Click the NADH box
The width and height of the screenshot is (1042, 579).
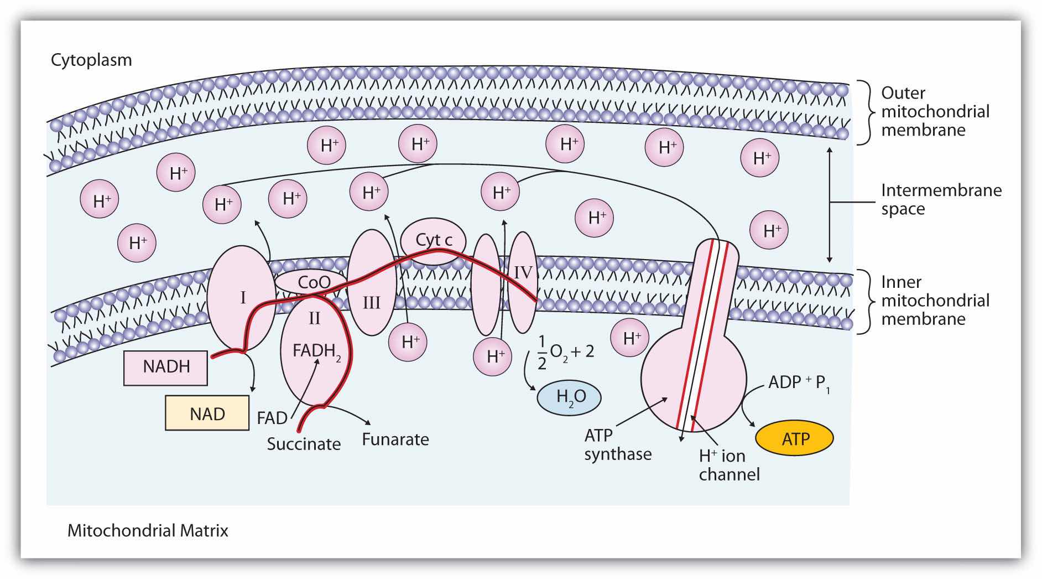pos(166,366)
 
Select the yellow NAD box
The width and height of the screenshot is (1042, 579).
pos(207,413)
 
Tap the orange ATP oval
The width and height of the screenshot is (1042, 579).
pos(795,439)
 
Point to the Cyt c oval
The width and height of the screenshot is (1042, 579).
pos(434,240)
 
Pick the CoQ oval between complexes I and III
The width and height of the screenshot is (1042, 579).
pos(314,282)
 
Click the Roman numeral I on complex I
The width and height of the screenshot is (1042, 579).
pos(243,298)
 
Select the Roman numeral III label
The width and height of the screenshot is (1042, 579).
pos(371,303)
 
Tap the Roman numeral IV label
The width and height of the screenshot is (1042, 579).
pos(523,272)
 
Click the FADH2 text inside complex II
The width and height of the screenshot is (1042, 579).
pos(316,353)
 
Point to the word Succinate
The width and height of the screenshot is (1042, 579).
pos(304,444)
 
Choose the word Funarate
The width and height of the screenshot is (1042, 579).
pos(395,440)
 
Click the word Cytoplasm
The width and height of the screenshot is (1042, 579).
pos(91,60)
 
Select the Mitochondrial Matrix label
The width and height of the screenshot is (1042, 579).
pos(148,531)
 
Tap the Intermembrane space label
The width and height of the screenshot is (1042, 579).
pos(941,199)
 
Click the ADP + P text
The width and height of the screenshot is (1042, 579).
pos(799,384)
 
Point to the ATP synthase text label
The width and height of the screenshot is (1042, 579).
pos(618,444)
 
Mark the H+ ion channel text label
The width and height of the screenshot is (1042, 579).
pos(729,465)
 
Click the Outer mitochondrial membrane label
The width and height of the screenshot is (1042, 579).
pos(935,111)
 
